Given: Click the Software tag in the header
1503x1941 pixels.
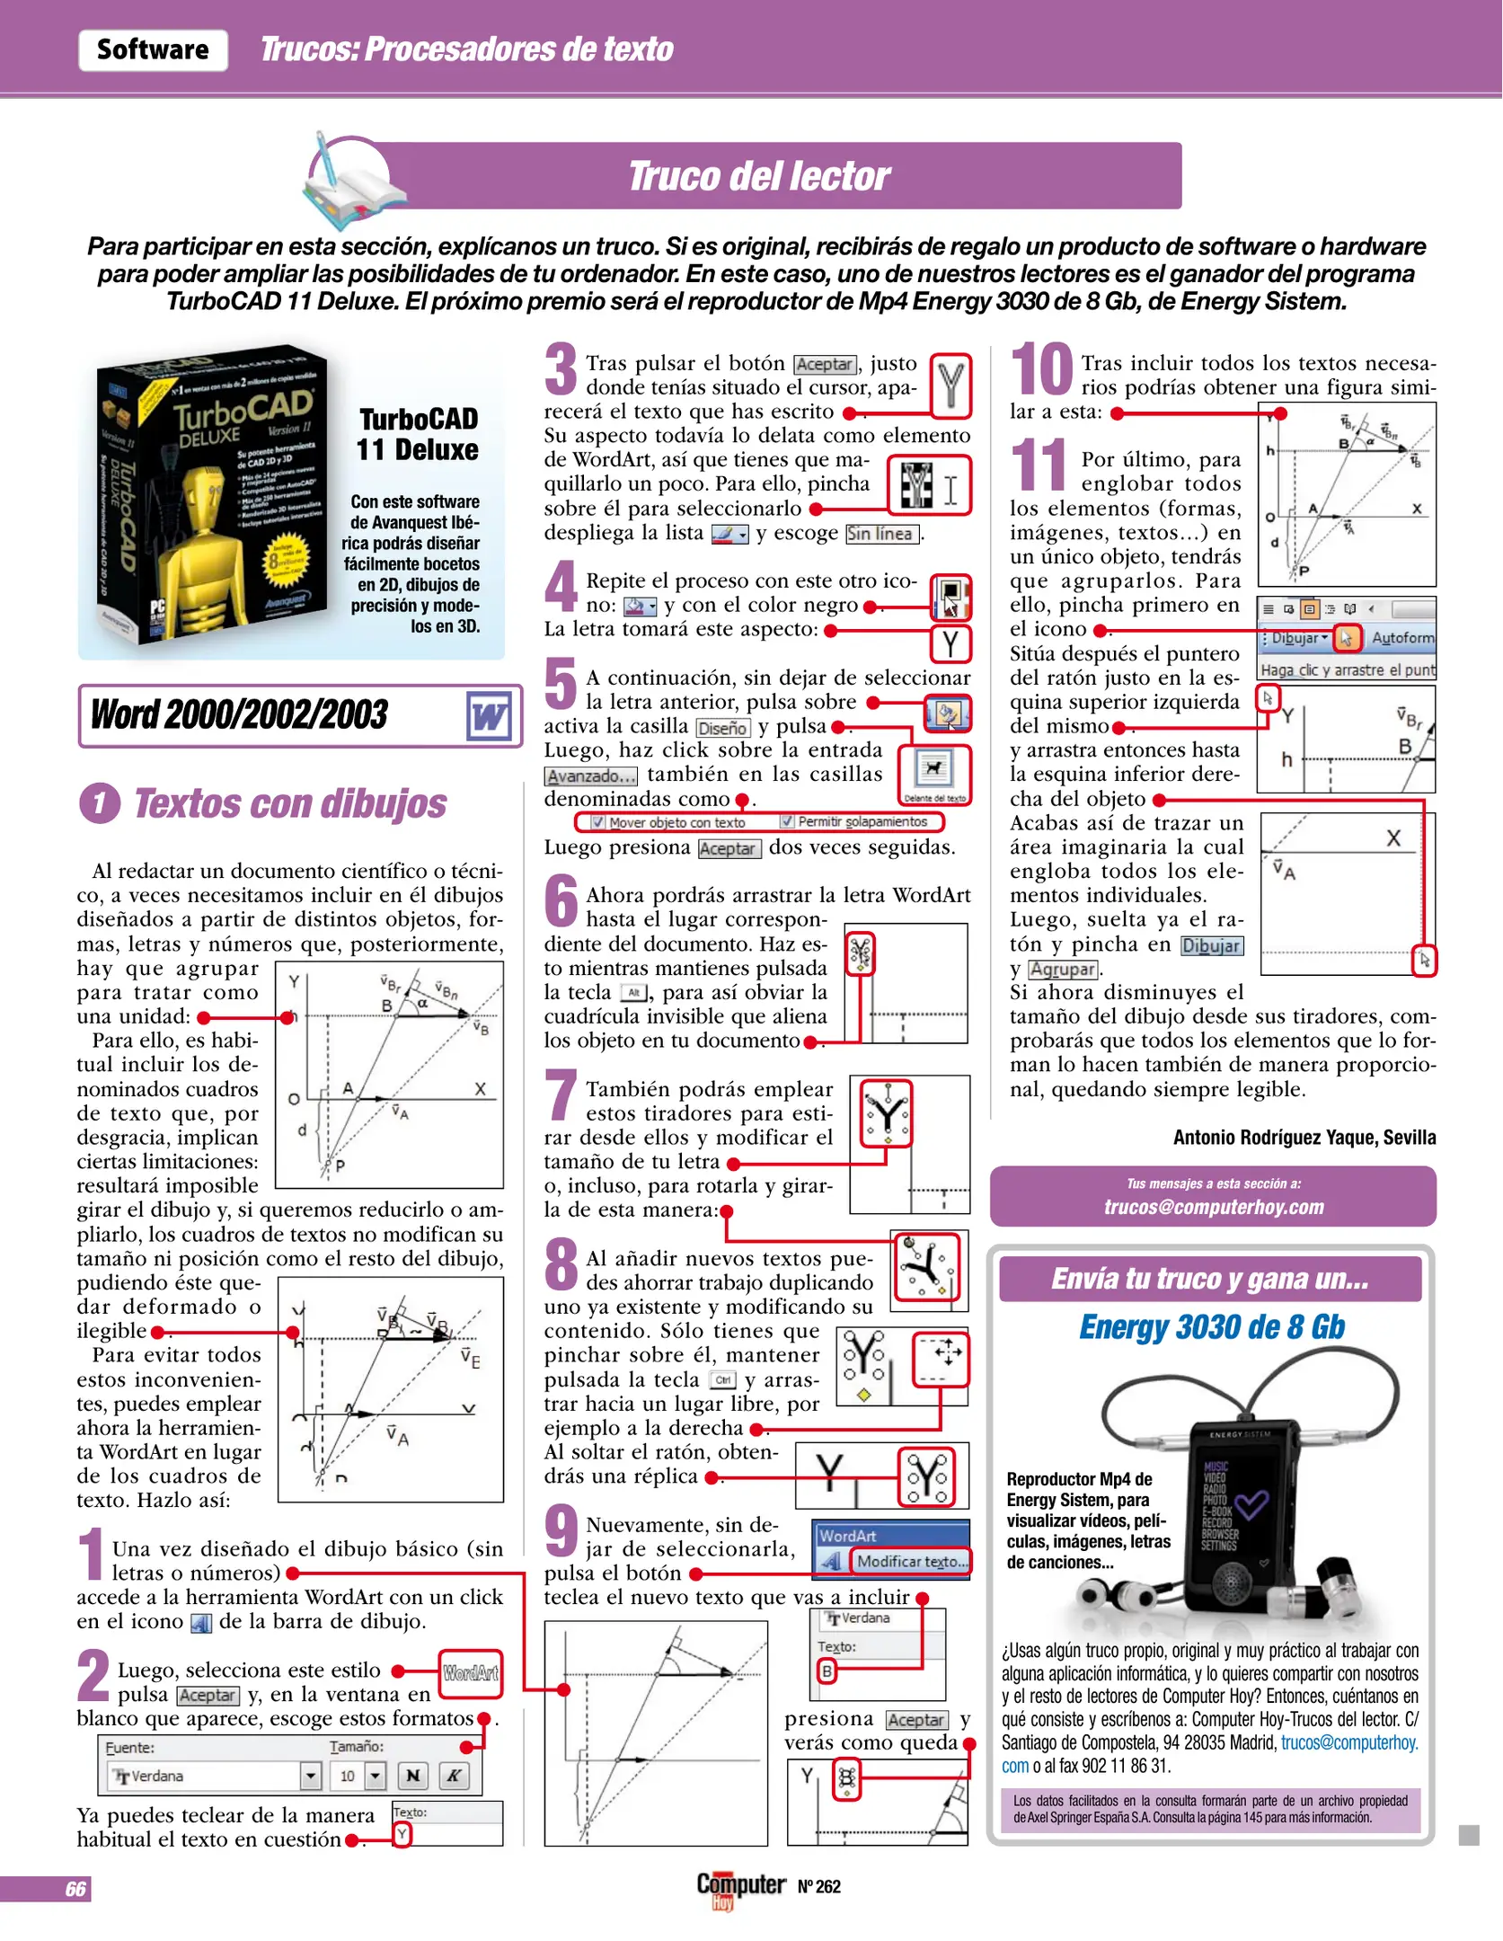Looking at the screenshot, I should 153,49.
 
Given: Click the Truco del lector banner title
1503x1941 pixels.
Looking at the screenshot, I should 758,176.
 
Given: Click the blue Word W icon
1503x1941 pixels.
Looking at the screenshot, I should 490,716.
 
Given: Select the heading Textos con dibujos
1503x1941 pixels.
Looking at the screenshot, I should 289,803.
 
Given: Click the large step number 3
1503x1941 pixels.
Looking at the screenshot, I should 561,369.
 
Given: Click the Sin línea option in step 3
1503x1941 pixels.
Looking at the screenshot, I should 881,534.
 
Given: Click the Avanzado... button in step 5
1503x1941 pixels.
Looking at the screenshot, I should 590,776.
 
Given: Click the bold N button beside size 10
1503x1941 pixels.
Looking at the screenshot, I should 412,1775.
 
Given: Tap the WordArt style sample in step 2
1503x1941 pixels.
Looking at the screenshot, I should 470,1672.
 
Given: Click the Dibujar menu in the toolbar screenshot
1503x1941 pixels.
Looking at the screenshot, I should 1297,638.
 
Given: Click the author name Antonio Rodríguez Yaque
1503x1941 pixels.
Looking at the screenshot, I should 1303,1137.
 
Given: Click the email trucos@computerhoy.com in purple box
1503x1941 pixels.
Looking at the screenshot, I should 1213,1207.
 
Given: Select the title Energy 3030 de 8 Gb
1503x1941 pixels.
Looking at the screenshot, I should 1211,1327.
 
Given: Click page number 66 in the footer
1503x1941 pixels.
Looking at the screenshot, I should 75,1889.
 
